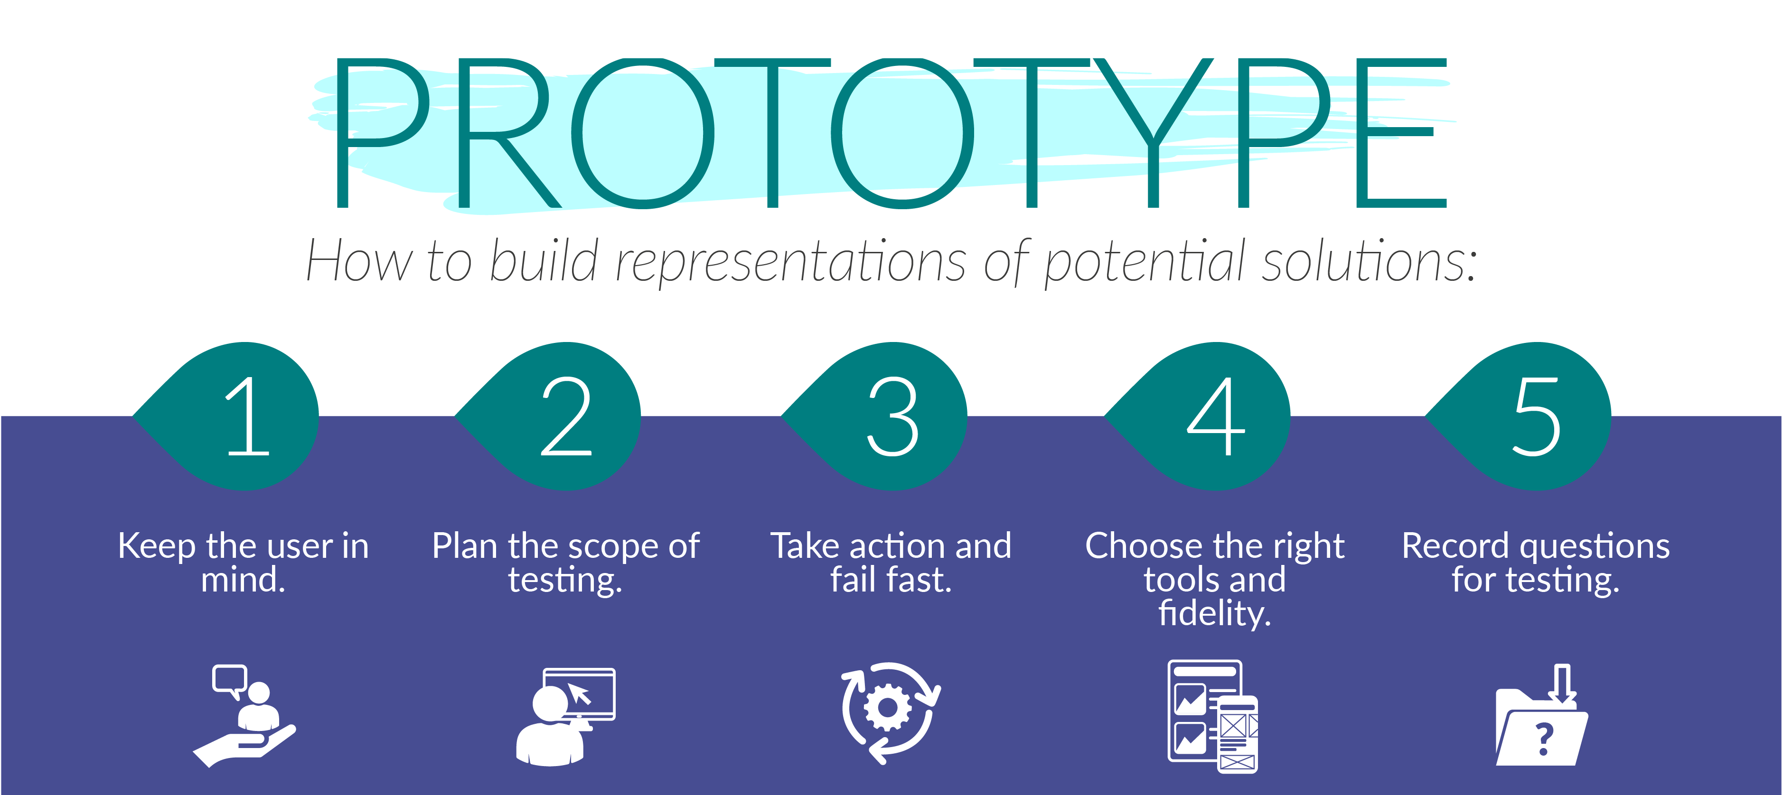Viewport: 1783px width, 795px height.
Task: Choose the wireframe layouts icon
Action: pos(1213,716)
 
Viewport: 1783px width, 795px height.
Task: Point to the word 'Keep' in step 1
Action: pos(157,546)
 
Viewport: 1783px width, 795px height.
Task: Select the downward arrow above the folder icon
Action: pos(1562,683)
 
